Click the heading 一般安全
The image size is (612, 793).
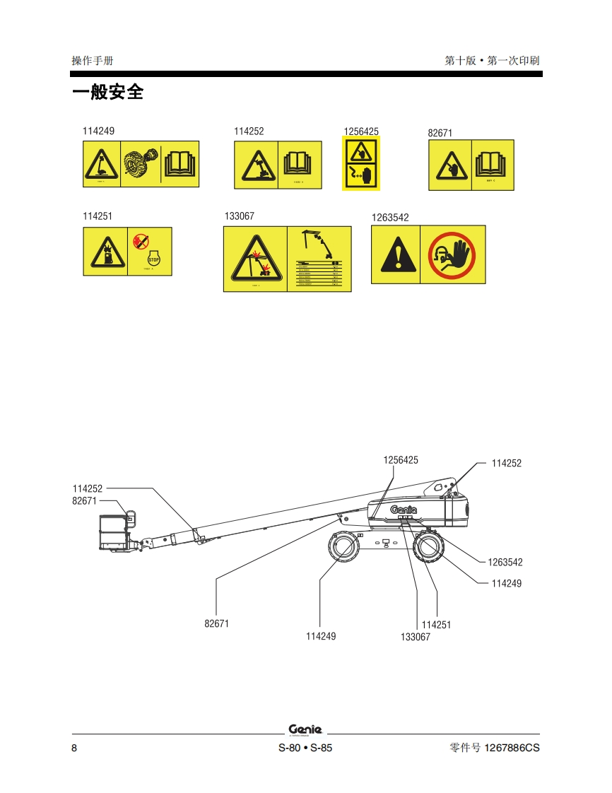[108, 93]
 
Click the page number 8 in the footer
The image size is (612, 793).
[74, 748]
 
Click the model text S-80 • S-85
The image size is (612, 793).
[305, 748]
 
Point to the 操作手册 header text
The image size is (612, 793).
[93, 61]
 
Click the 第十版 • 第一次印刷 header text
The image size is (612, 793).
[492, 61]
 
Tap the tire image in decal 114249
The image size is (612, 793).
[141, 164]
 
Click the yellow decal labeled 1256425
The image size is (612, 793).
[361, 164]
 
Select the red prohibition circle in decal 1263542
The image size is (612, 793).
[452, 254]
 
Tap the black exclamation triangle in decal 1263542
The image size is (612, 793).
[396, 256]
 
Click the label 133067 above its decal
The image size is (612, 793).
[239, 217]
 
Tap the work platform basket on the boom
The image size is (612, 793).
[114, 531]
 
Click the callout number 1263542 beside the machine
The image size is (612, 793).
[505, 563]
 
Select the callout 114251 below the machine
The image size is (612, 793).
[436, 625]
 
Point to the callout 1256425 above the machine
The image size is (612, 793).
[401, 460]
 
